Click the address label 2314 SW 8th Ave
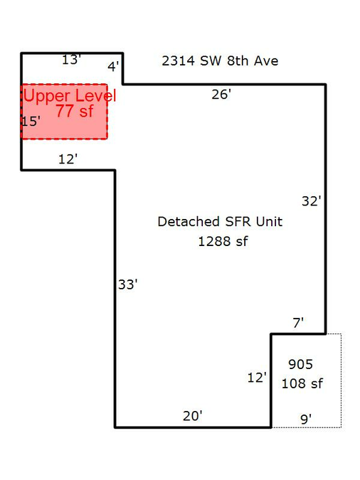point(220,61)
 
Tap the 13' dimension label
point(71,60)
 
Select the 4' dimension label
point(113,66)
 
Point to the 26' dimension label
point(221,95)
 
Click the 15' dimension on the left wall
point(31,122)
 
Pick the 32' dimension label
point(312,201)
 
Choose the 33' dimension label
point(128,284)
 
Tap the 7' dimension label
point(298,323)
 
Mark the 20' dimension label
point(193,416)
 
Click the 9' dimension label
point(306,419)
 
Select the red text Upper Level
point(70,95)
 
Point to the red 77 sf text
point(75,111)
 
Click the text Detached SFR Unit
point(220,222)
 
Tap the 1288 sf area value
point(223,242)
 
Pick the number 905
point(300,364)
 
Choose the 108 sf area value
point(302,383)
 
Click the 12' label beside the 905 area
point(257,378)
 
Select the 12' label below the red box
point(68,159)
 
